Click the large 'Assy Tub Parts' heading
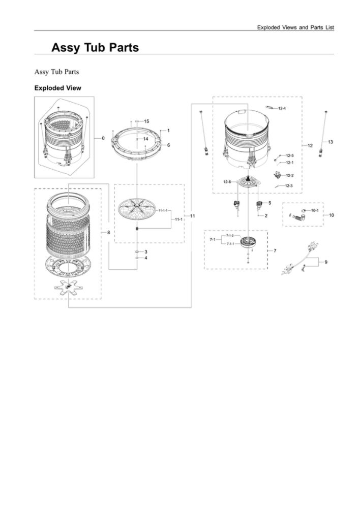tap(95, 48)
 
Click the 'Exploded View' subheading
tap(57, 88)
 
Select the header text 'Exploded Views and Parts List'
tap(295, 27)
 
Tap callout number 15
tap(146, 121)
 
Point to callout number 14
tap(145, 139)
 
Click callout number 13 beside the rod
tap(330, 142)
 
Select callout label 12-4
tap(282, 108)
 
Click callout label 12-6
tap(227, 182)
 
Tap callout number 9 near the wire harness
tap(326, 262)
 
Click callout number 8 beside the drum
tap(108, 232)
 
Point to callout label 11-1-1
tap(163, 210)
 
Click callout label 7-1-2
tap(230, 236)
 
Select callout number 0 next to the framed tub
tap(103, 138)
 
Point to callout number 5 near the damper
tap(269, 203)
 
